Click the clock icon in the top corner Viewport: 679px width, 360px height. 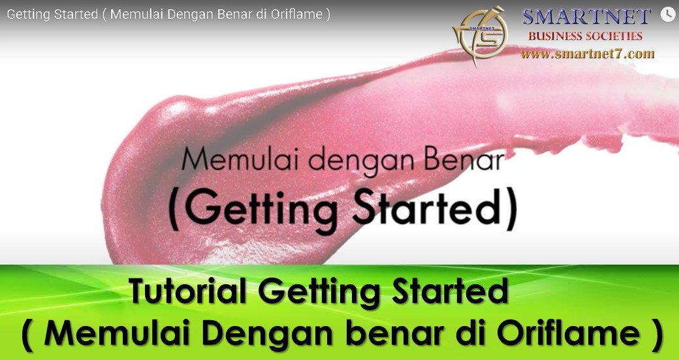click(x=668, y=14)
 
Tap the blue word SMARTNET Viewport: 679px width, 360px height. click(x=587, y=16)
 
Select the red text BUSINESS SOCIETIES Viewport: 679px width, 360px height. click(x=586, y=36)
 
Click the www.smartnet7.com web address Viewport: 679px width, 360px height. click(x=587, y=54)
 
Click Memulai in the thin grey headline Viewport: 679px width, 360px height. click(x=241, y=159)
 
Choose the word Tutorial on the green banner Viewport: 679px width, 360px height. click(x=187, y=290)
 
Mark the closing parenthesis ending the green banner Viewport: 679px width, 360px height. click(x=657, y=335)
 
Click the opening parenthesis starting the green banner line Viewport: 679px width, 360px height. click(x=27, y=335)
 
